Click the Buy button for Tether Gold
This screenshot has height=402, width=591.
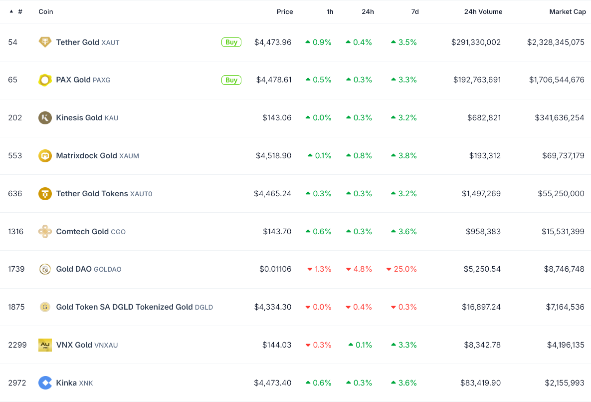[x=231, y=42]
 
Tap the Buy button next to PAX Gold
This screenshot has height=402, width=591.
[x=231, y=80]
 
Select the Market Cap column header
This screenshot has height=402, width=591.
[x=568, y=11]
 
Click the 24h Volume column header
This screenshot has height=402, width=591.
[x=483, y=11]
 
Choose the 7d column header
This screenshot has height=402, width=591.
[x=414, y=11]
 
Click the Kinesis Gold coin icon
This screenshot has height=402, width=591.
[x=45, y=118]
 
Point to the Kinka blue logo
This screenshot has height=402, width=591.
[x=45, y=383]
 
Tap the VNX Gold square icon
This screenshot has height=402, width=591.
[x=45, y=345]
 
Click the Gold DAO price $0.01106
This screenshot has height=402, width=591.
[x=275, y=269]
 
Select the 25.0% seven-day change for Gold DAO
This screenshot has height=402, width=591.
[x=405, y=269]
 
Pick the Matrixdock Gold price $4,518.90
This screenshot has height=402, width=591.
[x=273, y=156]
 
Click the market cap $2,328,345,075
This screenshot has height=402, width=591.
[x=556, y=42]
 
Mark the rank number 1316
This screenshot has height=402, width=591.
[x=15, y=232]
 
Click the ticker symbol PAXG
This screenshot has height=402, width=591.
[x=101, y=80]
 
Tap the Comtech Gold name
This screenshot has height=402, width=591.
[x=82, y=232]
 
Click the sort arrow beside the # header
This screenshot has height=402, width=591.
[x=11, y=11]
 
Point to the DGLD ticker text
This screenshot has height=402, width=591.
[x=203, y=308]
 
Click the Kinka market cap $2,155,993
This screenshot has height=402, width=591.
[x=564, y=383]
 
